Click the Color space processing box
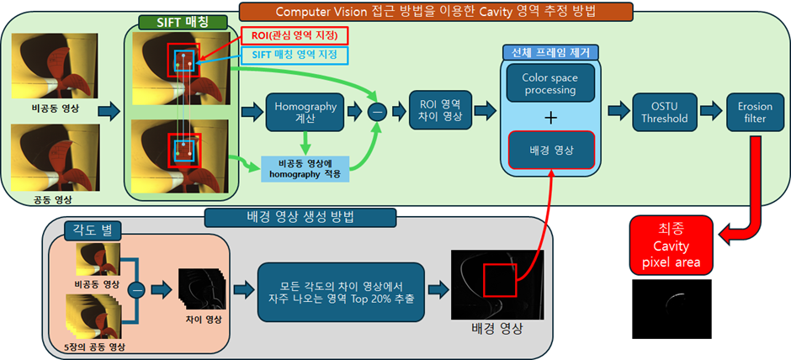click(x=549, y=83)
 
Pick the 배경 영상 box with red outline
click(x=549, y=150)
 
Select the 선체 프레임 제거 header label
click(x=549, y=52)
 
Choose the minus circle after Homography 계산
click(x=379, y=111)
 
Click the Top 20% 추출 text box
click(x=339, y=289)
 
